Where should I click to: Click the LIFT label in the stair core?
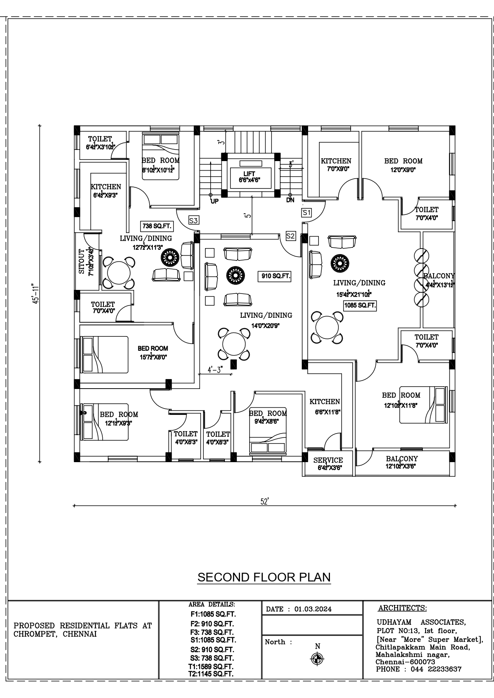coord(249,174)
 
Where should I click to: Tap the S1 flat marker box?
coord(306,212)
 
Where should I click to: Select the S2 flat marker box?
coord(291,236)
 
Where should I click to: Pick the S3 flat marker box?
coord(193,220)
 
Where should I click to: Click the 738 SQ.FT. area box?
coord(157,226)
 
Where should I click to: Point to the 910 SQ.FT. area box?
coord(274,276)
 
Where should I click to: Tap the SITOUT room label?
coord(82,262)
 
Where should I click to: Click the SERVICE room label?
coord(328,460)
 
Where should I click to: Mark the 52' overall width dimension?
coord(265,502)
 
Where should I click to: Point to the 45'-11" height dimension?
coord(35,294)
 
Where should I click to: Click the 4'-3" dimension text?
coord(215,370)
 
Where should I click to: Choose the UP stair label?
coord(215,201)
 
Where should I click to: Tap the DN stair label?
coord(290,200)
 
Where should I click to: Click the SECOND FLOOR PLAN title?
coord(264,577)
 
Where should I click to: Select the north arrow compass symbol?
coord(317,659)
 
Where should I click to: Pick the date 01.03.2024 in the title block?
coord(313,609)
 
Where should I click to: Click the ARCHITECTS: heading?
coord(402,608)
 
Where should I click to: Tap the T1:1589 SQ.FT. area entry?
coord(211,666)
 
